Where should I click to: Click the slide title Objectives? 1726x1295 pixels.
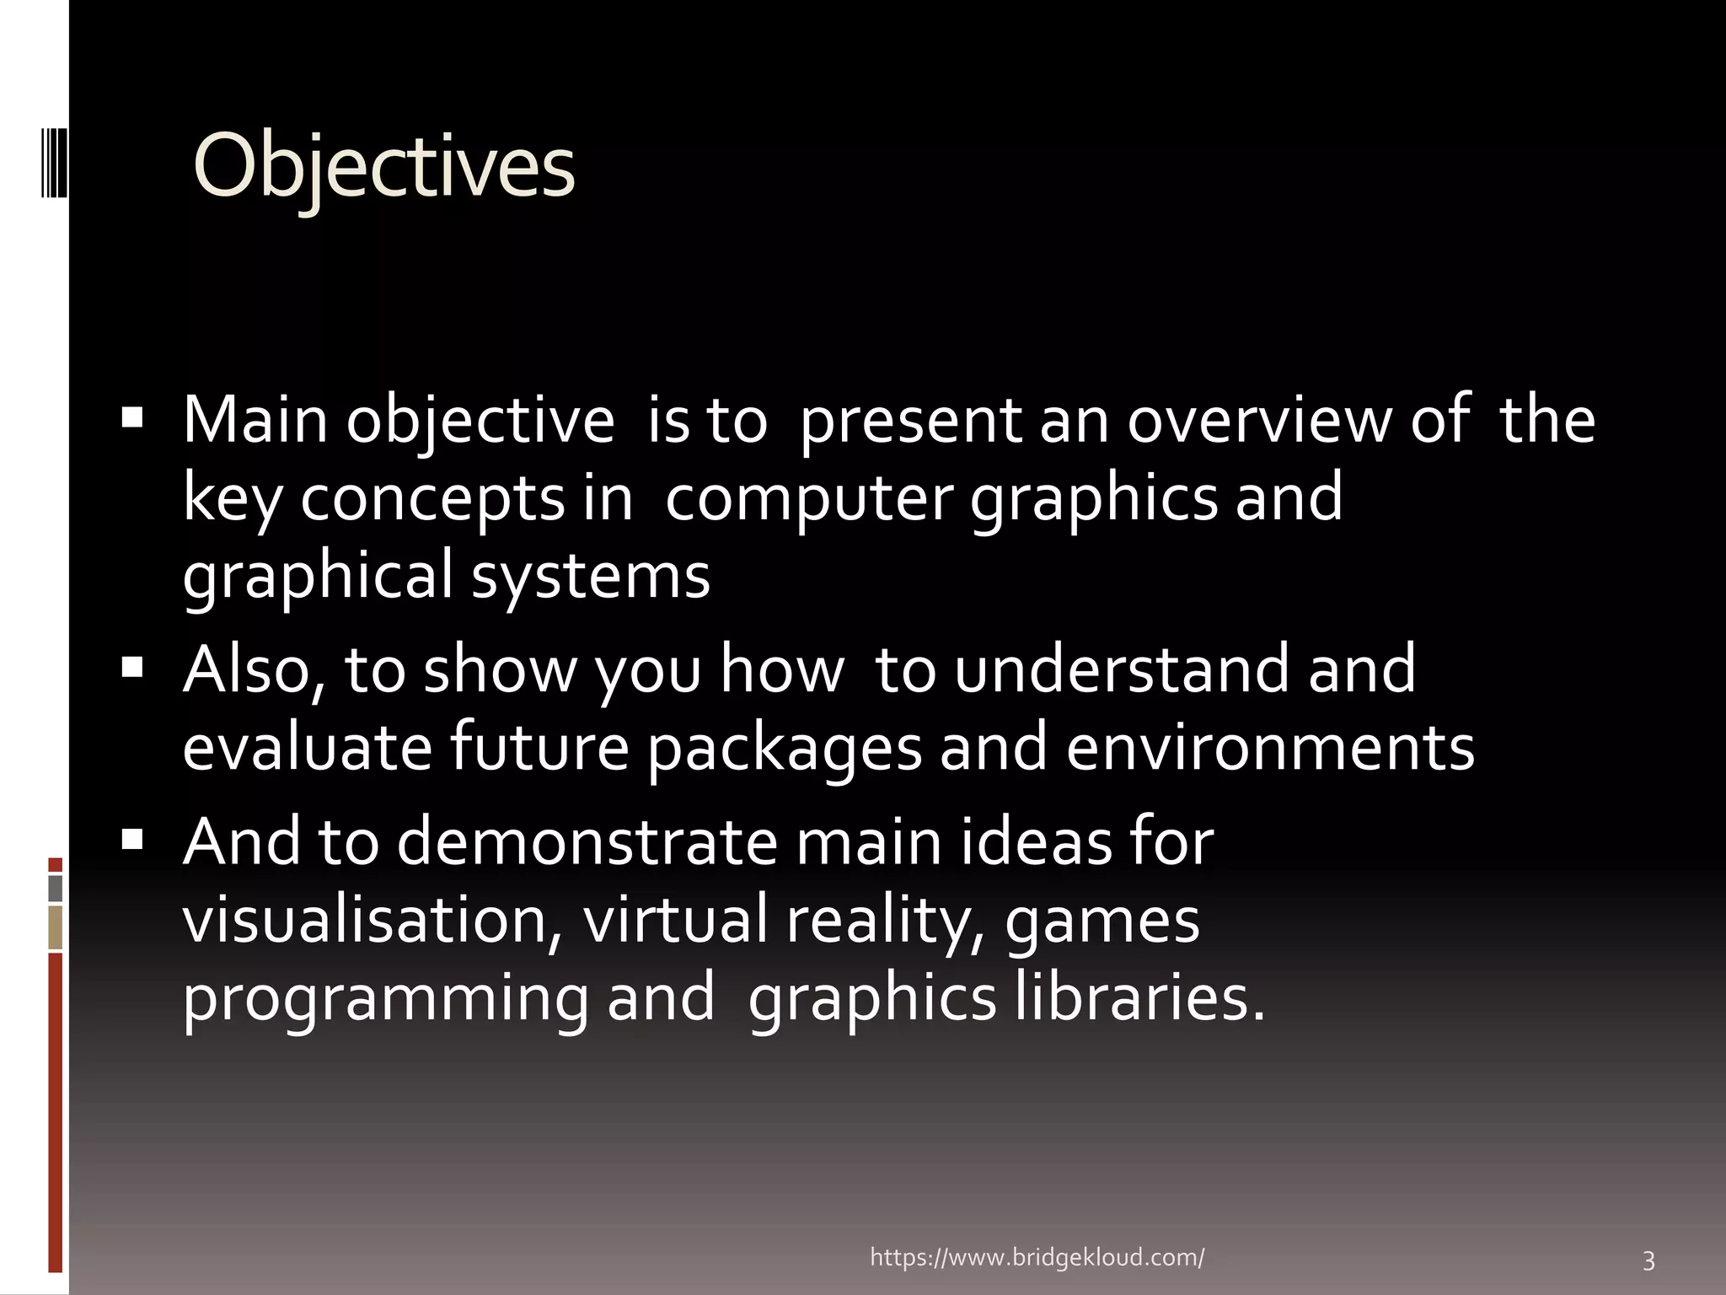pos(383,167)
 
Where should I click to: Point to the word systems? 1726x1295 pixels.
pos(590,577)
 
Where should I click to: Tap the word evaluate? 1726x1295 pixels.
pos(308,748)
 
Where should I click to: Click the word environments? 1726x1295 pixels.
pos(1270,748)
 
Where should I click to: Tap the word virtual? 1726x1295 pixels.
pos(674,921)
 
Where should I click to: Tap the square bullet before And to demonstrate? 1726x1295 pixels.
pos(132,839)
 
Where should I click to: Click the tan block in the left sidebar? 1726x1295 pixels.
pos(56,927)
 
